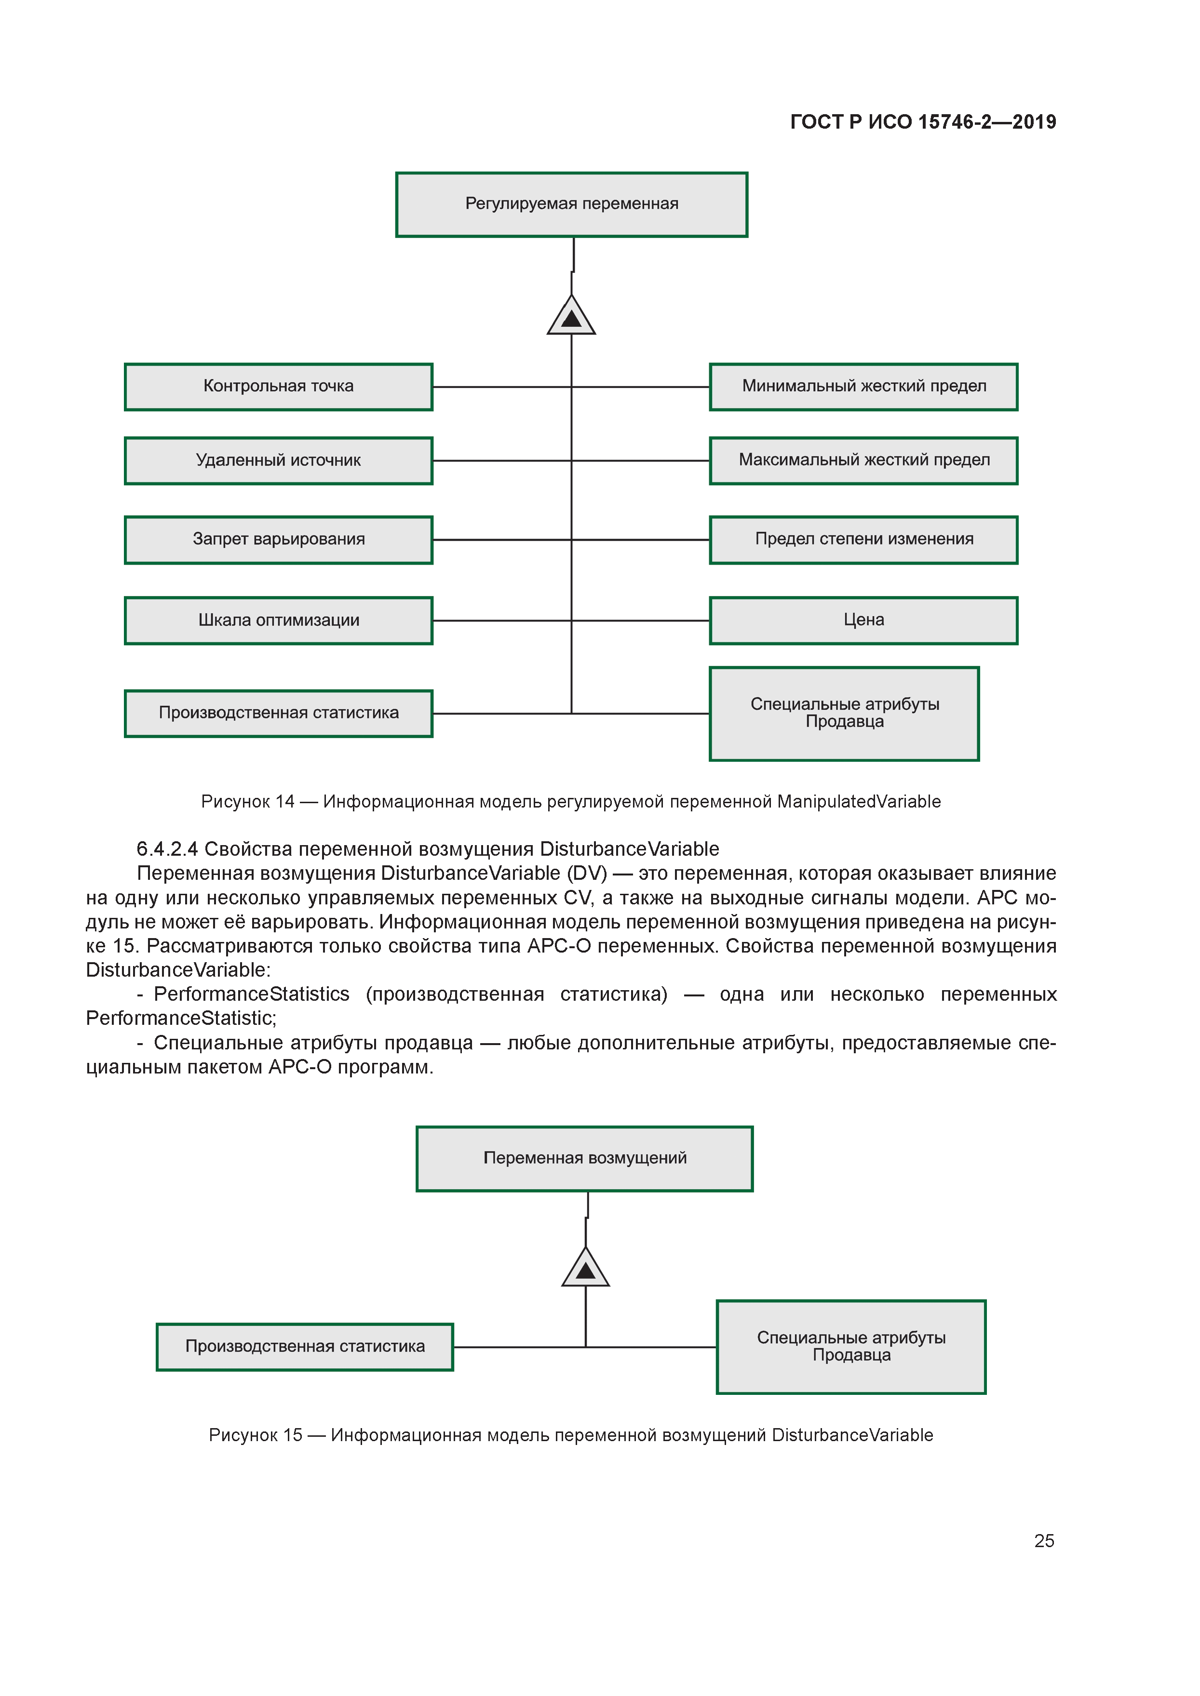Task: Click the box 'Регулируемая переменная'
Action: [x=571, y=205]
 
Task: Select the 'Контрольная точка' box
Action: [x=279, y=386]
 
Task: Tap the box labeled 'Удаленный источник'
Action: [x=279, y=460]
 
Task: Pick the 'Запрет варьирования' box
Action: [x=279, y=539]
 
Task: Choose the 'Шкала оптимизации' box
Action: [x=279, y=621]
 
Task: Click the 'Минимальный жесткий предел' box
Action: [x=863, y=386]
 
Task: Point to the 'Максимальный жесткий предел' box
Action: [x=863, y=460]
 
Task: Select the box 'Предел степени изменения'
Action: [x=863, y=539]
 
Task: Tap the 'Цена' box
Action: [x=863, y=621]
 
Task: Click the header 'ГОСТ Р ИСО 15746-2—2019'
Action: [x=923, y=122]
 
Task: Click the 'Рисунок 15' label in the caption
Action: [x=256, y=1434]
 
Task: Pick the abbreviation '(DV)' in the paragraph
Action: [x=587, y=873]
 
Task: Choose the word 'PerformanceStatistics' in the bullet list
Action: [x=251, y=994]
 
